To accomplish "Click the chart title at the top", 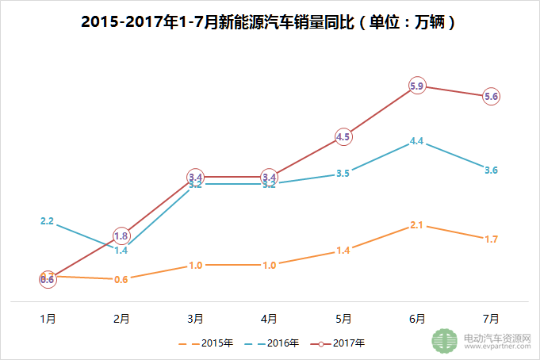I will (270, 21).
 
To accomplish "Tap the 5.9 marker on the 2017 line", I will (417, 86).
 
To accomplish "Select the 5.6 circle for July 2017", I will (491, 96).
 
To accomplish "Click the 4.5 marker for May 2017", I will (343, 136).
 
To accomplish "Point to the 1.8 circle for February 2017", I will (121, 236).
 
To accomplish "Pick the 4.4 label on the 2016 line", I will (417, 141).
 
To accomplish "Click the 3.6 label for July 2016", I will (491, 170).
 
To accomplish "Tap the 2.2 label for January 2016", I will (47, 221).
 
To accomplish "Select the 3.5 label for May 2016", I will (343, 173).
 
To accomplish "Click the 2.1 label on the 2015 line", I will (417, 225).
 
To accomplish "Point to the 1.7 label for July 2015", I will (491, 239).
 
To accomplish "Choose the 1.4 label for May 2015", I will (343, 251).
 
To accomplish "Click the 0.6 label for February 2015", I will (121, 279).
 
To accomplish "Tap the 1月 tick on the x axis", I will (48, 319).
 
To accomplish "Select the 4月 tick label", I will (270, 319).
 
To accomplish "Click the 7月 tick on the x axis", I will (491, 319).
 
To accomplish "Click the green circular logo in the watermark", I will (445, 340).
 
